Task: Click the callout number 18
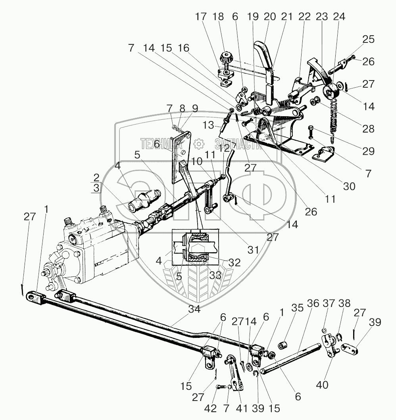[x=218, y=17]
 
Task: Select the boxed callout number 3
[x=96, y=188]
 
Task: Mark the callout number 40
[x=322, y=384]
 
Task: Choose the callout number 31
[x=252, y=249]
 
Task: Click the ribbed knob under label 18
[x=227, y=58]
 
